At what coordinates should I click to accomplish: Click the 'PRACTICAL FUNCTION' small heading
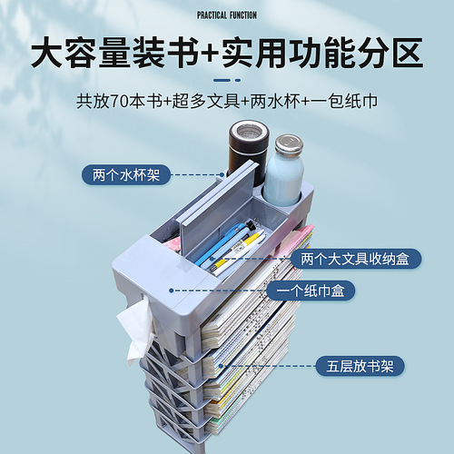[227, 15]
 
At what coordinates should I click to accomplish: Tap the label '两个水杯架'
[126, 174]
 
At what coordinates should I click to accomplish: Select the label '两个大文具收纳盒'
[355, 259]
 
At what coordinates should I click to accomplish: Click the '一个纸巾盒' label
[311, 291]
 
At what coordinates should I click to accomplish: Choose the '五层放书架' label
[360, 366]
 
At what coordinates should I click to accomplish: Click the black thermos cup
[248, 152]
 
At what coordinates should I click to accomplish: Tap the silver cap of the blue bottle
[289, 143]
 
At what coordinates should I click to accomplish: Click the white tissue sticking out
[135, 331]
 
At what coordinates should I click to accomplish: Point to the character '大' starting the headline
[47, 53]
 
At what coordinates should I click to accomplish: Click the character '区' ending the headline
[408, 53]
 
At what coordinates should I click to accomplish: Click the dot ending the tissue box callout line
[172, 291]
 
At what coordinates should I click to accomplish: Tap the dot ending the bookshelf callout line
[221, 366]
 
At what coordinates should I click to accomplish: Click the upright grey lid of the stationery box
[218, 209]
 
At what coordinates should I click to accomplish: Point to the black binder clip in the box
[249, 225]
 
